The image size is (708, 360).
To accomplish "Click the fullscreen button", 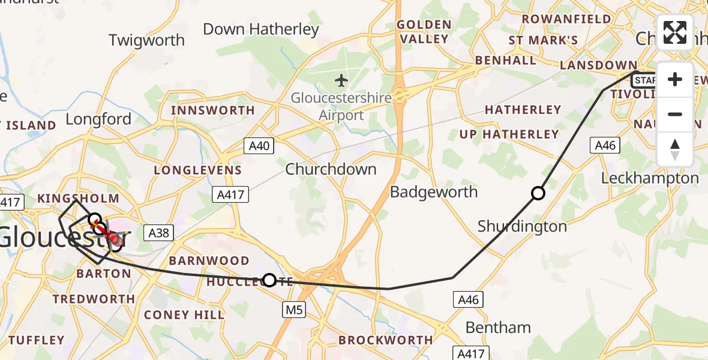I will pyautogui.click(x=675, y=32).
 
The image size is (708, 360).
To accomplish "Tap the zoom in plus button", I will pyautogui.click(x=675, y=80).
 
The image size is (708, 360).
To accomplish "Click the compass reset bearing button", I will pyautogui.click(x=675, y=149).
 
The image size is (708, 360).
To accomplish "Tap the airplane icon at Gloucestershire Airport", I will pyautogui.click(x=341, y=79).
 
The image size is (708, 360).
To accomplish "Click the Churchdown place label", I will pyautogui.click(x=331, y=169).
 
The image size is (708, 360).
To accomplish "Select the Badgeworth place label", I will pyautogui.click(x=434, y=192).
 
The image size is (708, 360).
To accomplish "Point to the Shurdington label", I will pyautogui.click(x=522, y=226).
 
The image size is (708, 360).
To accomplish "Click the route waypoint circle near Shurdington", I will pyautogui.click(x=538, y=193).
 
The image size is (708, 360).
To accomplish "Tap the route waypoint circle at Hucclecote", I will pyautogui.click(x=270, y=280).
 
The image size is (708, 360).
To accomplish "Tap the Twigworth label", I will pyautogui.click(x=146, y=40).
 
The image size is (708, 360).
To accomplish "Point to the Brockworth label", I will pyautogui.click(x=385, y=340).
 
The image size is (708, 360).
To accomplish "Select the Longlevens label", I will pyautogui.click(x=198, y=170).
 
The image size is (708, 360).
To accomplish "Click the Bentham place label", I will pyautogui.click(x=498, y=328).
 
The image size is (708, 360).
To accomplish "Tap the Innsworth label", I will pyautogui.click(x=213, y=110).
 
